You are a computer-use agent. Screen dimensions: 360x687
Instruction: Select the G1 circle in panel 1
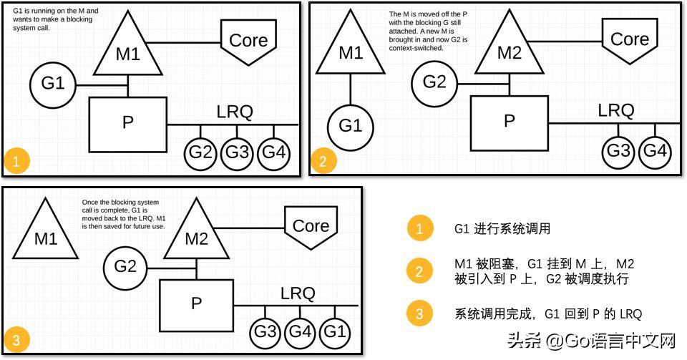tap(52, 84)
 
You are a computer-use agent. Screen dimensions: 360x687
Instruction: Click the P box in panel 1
tap(127, 122)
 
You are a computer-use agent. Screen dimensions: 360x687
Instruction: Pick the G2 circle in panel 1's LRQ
tap(201, 152)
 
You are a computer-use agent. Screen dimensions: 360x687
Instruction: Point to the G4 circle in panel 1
tap(273, 152)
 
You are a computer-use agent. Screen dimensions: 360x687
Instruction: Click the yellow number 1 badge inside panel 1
tap(16, 161)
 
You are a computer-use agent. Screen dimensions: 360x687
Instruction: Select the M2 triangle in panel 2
tap(509, 52)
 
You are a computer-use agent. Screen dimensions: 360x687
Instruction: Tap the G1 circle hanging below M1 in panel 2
tap(350, 127)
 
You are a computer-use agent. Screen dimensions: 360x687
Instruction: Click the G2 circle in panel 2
tap(434, 82)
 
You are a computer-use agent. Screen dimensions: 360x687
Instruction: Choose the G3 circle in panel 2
tap(618, 151)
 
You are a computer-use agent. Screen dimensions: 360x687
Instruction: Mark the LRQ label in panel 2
tap(615, 111)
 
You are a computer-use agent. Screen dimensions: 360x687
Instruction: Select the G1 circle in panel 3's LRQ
tap(337, 332)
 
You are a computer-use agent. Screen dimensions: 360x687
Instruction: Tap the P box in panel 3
tap(196, 303)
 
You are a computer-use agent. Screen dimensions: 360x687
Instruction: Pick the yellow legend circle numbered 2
tap(419, 271)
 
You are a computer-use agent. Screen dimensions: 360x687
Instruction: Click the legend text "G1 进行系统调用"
tap(502, 229)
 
